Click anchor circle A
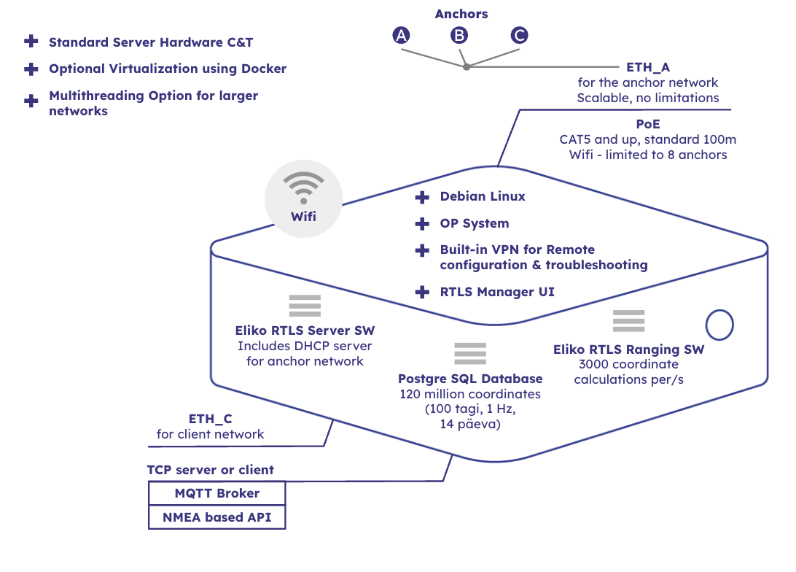401,35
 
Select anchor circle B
459,35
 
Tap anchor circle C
519,35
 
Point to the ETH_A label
647,67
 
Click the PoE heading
647,124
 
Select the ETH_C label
210,419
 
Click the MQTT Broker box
216,494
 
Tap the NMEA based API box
216,518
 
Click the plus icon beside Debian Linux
422,197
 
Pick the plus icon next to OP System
422,224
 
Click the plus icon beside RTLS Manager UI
422,292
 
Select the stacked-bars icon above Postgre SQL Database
469,353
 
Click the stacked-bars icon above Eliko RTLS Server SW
305,306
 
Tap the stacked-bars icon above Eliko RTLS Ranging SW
628,321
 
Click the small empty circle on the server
720,325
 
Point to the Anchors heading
461,14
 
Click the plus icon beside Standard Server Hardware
31,42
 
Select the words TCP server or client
211,470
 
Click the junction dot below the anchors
467,67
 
